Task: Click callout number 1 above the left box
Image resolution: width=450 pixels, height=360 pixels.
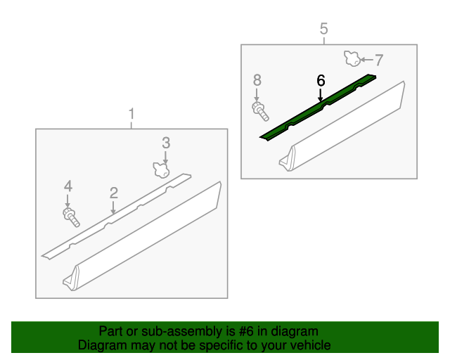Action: [131, 113]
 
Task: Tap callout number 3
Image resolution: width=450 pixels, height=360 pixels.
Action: [166, 143]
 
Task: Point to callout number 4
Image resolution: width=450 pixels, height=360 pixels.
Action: [68, 186]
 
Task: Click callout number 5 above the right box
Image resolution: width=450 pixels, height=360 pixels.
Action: [323, 29]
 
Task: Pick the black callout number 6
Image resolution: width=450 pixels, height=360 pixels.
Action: [321, 81]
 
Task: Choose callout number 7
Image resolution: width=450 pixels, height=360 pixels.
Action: [378, 60]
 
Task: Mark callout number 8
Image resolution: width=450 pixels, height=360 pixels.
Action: [257, 79]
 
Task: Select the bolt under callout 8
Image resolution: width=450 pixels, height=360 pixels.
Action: [259, 110]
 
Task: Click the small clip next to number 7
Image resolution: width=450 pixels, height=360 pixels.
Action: [351, 58]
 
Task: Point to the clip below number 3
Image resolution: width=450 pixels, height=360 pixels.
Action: [162, 169]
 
